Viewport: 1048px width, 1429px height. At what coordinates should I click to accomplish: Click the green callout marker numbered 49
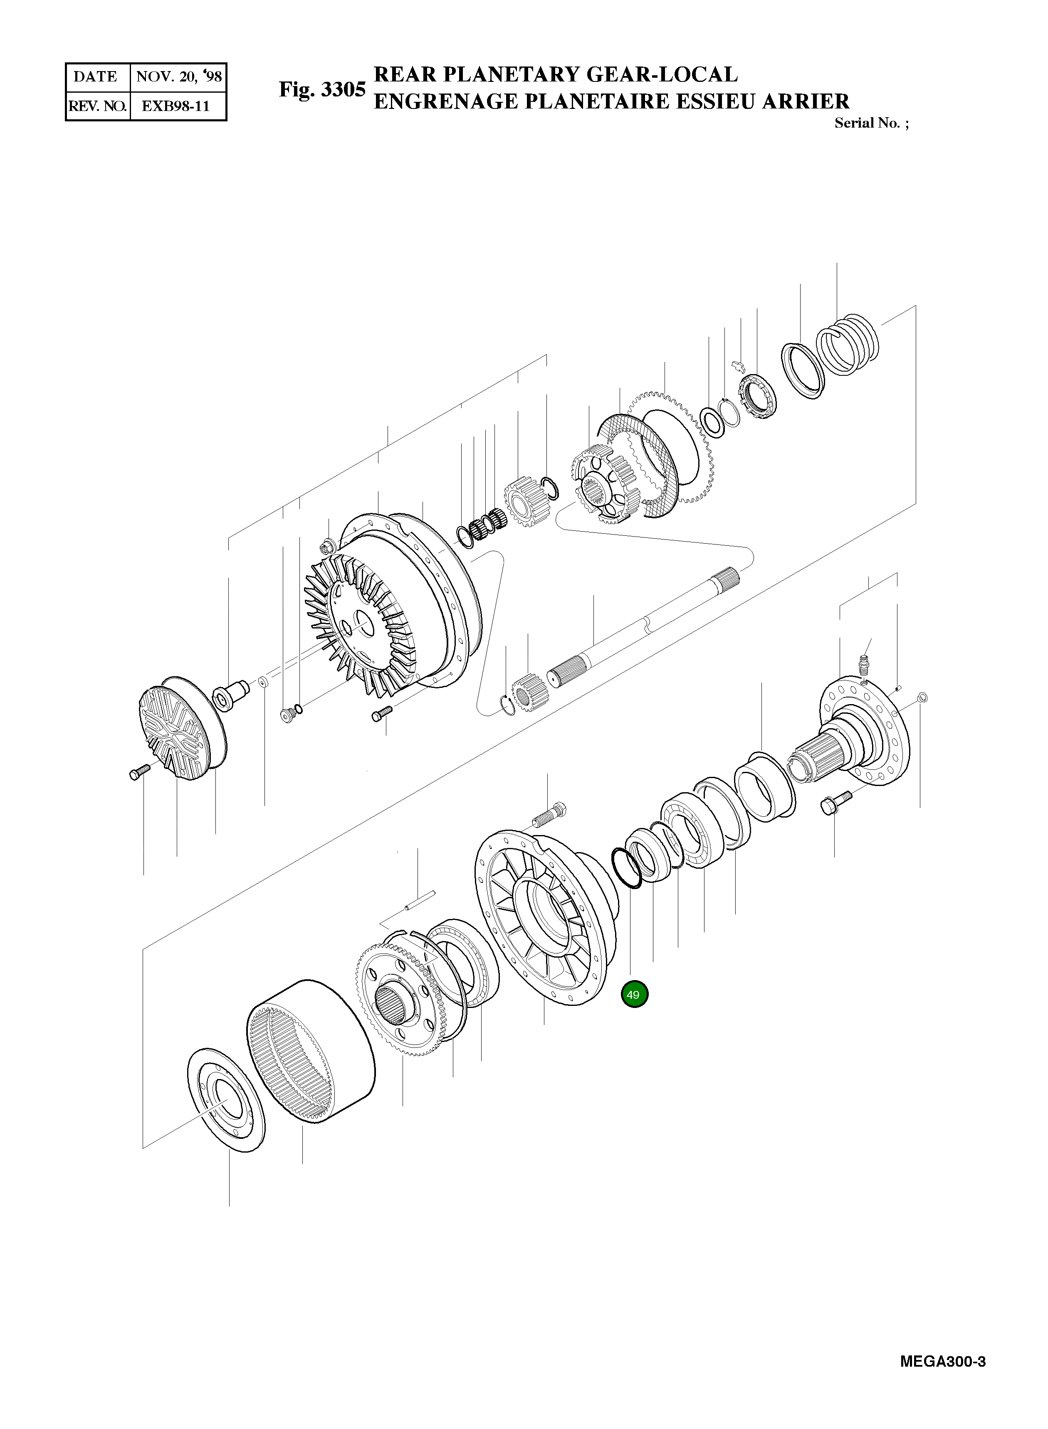click(x=634, y=994)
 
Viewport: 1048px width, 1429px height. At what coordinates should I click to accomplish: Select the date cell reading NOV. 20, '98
click(x=178, y=77)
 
